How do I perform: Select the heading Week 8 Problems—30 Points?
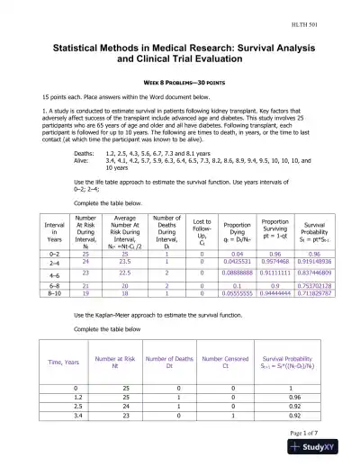tap(179, 81)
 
